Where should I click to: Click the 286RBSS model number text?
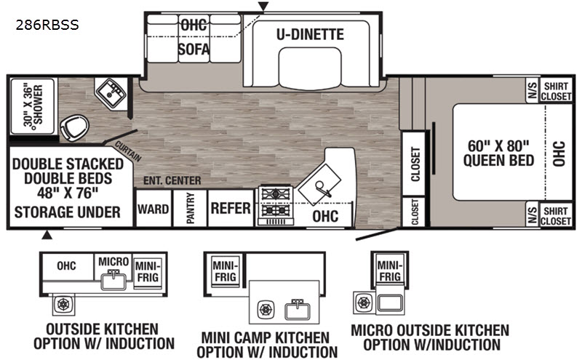47,25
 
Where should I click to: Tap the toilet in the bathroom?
75,127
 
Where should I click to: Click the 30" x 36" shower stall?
33,106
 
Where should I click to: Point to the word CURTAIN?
128,151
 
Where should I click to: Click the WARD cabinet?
154,208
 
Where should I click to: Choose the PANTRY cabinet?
190,208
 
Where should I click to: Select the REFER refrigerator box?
231,208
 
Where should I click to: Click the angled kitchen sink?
319,184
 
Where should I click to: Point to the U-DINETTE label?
311,34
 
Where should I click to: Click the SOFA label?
194,49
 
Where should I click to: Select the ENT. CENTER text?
172,181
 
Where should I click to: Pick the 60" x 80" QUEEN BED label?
498,153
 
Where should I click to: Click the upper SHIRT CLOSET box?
556,91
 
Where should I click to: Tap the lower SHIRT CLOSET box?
556,215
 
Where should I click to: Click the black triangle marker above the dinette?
263,7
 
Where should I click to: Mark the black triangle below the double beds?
47,235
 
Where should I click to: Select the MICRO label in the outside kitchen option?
113,262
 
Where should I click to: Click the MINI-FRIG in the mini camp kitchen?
225,271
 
